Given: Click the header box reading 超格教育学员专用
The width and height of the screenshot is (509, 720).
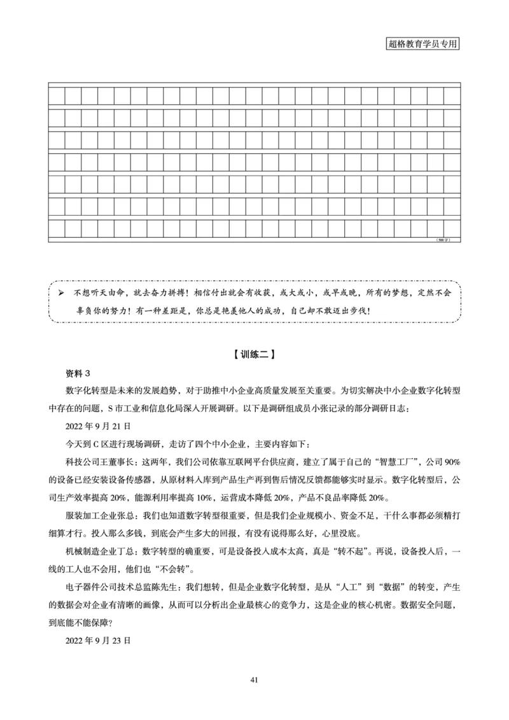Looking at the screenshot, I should pyautogui.click(x=422, y=44).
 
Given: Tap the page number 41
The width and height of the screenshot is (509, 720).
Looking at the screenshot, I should pyautogui.click(x=254, y=681).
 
